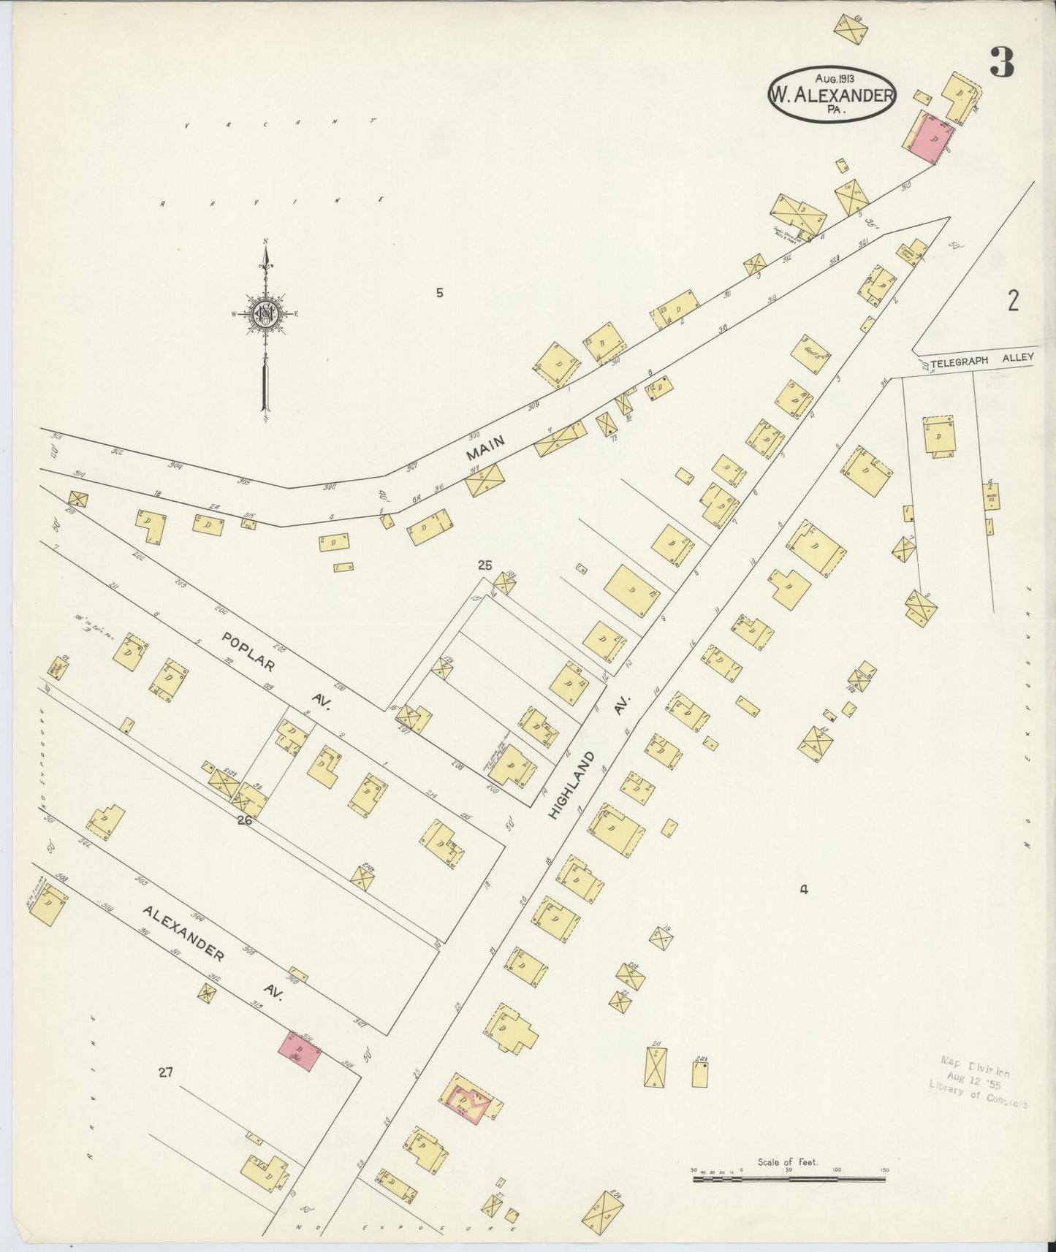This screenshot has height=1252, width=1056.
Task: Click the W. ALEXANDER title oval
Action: pyautogui.click(x=832, y=95)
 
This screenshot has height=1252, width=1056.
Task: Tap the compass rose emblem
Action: pyautogui.click(x=265, y=314)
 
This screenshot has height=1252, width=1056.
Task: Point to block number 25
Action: pyautogui.click(x=485, y=565)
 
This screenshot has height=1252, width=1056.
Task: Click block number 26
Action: pyautogui.click(x=244, y=820)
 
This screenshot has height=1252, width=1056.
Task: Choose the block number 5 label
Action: pyautogui.click(x=439, y=294)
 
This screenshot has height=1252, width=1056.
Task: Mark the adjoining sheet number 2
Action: pyautogui.click(x=1013, y=300)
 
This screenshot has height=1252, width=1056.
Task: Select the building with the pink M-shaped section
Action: pyautogui.click(x=470, y=1100)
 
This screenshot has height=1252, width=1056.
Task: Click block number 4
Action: pyautogui.click(x=803, y=890)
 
